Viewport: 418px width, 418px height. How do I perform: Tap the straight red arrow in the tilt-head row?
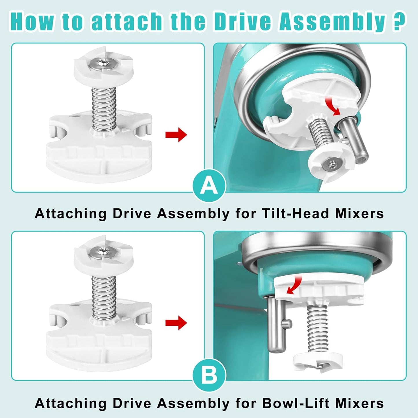tap(176, 135)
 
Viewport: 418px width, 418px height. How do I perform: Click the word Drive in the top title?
tap(243, 21)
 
